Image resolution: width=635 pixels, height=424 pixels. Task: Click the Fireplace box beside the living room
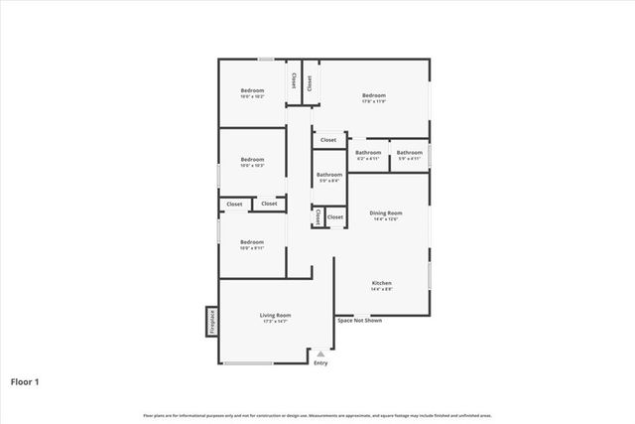point(211,322)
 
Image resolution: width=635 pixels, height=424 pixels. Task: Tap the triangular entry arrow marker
point(319,353)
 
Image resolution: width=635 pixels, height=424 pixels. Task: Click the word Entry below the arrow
point(319,363)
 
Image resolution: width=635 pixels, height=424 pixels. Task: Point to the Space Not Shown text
point(359,321)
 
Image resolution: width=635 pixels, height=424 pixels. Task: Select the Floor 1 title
point(26,380)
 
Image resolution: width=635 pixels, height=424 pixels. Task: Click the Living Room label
point(275,315)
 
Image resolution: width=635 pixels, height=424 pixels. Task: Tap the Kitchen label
point(382,283)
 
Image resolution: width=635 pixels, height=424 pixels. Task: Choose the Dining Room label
point(385,212)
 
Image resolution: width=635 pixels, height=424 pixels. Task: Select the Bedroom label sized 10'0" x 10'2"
point(252,91)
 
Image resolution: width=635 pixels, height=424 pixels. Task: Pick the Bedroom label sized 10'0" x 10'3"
point(252,159)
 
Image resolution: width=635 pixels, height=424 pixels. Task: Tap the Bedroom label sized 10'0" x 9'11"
point(252,241)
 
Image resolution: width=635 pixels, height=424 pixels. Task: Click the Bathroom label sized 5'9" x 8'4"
point(328,175)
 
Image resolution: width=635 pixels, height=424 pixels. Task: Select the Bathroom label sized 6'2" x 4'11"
point(368,153)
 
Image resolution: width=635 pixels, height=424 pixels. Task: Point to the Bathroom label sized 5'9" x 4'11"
point(410,153)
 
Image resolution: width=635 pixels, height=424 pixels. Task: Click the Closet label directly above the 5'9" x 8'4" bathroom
point(328,140)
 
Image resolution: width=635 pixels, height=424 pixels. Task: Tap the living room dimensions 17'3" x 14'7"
point(275,322)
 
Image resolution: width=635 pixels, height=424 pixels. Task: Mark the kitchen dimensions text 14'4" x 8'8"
point(382,290)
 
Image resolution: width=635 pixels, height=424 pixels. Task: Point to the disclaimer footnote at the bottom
point(317,414)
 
